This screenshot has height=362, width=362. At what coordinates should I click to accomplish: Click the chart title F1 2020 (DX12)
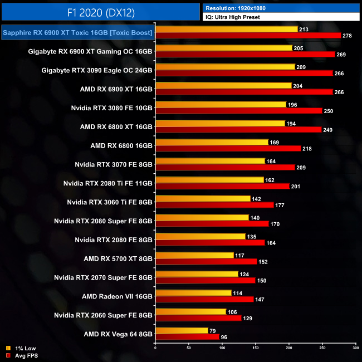tap(100, 12)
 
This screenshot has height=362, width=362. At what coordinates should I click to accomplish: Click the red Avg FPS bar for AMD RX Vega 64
tap(188, 337)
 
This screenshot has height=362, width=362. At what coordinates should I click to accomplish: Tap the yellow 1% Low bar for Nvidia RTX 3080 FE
tap(221, 104)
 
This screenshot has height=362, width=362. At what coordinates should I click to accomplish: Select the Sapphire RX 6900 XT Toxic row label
tap(77, 33)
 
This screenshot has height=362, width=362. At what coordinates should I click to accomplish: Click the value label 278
tap(349, 36)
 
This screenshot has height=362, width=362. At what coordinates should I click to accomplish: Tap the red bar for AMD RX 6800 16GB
tap(223, 149)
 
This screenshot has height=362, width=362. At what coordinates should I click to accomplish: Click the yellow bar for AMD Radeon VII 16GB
tap(193, 292)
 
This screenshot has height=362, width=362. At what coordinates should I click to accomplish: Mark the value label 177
tap(281, 205)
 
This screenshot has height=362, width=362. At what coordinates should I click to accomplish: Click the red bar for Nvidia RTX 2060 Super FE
tap(198, 318)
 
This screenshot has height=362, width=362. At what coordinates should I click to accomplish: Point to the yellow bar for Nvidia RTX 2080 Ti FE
tap(209, 179)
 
